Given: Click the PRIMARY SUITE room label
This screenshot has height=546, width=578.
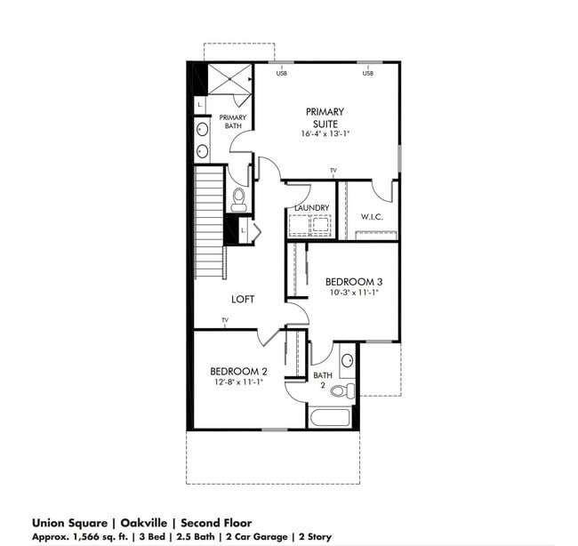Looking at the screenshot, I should coord(325,117).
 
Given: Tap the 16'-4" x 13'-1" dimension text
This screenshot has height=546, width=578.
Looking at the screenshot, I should coord(325,134).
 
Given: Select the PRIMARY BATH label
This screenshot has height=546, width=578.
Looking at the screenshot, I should coord(233,122).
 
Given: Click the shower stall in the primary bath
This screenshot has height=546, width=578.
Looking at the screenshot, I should coord(230,79).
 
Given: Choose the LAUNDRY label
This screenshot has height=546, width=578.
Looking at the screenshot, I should coord(312,208).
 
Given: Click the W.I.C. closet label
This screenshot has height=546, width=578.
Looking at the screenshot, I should coord(371,216).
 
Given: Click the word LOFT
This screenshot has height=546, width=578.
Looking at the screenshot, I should coord(243,300).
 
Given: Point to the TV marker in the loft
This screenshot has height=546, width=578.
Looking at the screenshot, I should coord(225,320).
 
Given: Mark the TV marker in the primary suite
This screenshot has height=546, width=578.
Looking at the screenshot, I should coord(333,170).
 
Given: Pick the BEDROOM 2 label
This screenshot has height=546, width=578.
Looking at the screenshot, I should coord(238,371).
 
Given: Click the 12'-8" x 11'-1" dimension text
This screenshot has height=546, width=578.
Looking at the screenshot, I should coord(238,382).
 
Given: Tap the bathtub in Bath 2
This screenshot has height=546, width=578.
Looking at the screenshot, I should coord(331,417).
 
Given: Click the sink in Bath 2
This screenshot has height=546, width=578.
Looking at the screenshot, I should coord(347,360).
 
